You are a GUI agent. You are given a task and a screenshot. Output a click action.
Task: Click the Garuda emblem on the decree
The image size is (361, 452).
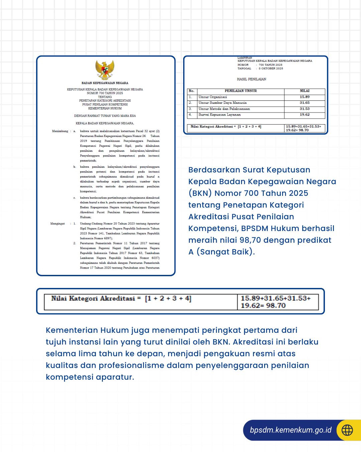pos(105,70)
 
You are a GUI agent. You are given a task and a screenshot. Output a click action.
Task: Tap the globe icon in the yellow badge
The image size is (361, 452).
pos(347,430)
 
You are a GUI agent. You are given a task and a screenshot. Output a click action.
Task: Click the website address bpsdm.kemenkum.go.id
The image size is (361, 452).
pos(290,430)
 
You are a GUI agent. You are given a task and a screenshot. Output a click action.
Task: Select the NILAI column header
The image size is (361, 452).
pos(305,91)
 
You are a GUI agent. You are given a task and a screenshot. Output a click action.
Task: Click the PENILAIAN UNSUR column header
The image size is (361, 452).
pos(241,91)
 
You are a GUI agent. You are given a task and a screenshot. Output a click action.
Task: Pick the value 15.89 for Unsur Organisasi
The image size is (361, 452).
pos(305,97)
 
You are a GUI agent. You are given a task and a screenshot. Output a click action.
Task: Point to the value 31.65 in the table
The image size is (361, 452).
pos(305,103)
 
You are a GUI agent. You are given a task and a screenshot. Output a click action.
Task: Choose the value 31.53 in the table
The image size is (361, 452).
pos(305,109)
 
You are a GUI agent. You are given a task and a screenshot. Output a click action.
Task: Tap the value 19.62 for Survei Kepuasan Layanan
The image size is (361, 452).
pos(305,115)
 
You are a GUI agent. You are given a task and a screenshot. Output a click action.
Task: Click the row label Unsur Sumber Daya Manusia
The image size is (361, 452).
pos(223,103)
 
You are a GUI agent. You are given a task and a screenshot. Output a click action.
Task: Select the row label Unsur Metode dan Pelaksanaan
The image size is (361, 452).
pos(224,109)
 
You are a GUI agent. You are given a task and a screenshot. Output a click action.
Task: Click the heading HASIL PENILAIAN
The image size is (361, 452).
pos(251,79)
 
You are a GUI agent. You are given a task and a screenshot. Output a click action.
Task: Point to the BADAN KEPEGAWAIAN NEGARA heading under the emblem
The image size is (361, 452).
pos(105,83)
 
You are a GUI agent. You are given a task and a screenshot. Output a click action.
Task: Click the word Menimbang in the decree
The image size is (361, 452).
pos(60,131)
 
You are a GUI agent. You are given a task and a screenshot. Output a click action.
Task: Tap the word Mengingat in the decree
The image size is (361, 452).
pos(57,224)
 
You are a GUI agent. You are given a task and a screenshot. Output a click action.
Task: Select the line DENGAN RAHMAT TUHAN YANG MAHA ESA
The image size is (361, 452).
pos(105,116)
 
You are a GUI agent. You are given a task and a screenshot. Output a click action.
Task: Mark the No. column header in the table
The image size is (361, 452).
pos(192,91)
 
